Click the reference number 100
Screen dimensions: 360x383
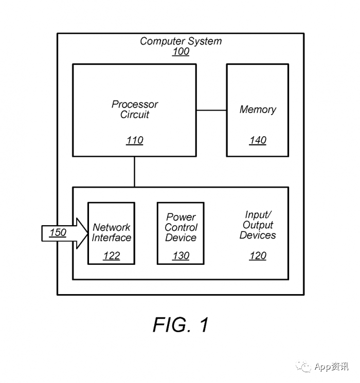[181, 51]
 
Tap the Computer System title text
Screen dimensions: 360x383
[181, 41]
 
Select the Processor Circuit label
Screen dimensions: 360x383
[135, 109]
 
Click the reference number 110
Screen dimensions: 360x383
[135, 140]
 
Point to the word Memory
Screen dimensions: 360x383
[258, 110]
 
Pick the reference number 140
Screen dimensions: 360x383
[258, 140]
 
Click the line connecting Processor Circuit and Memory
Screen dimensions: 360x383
[211, 110]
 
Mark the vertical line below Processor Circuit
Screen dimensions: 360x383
[134, 172]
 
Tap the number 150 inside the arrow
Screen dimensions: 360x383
[58, 232]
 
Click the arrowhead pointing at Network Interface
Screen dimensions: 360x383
[82, 233]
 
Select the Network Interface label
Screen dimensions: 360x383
[112, 232]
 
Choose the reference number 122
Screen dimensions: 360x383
[112, 256]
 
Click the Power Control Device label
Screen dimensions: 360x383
[181, 227]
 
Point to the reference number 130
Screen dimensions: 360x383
[181, 256]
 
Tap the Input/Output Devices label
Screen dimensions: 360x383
[258, 225]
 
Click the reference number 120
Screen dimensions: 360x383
[258, 256]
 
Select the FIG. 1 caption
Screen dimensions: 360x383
[181, 324]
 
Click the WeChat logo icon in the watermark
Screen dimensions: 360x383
[303, 366]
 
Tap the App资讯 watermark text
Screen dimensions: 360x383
[331, 367]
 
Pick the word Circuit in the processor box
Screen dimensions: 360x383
[135, 115]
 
